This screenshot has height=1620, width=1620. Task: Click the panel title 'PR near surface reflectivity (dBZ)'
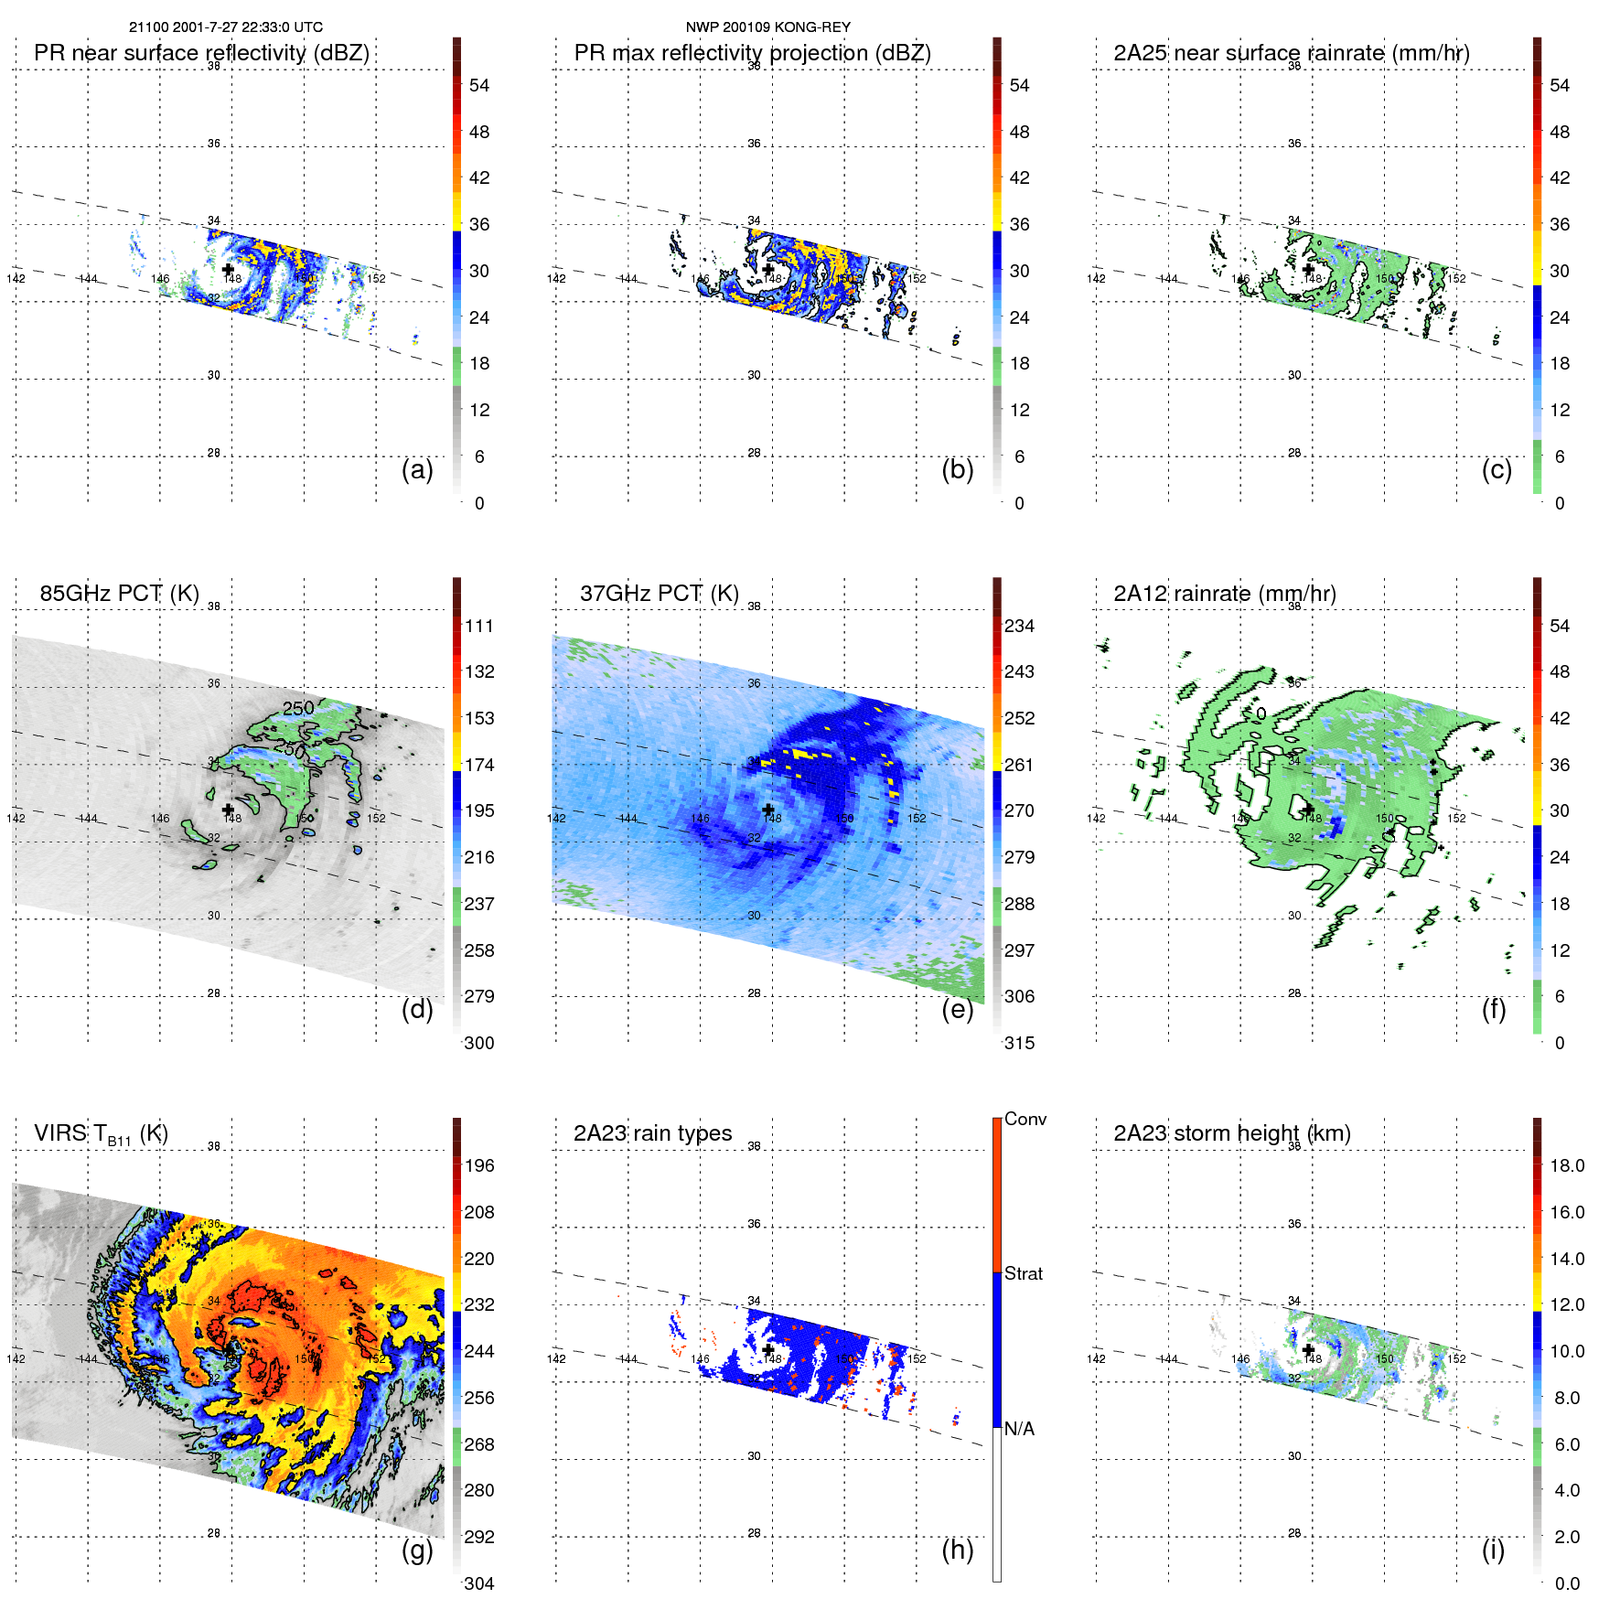click(201, 53)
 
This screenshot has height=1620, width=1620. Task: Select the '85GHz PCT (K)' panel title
click(119, 594)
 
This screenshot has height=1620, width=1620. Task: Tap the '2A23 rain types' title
click(652, 1133)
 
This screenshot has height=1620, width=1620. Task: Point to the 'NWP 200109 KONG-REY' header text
click(767, 27)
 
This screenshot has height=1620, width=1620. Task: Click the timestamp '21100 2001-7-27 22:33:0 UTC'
click(225, 27)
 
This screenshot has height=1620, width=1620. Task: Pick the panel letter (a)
click(417, 470)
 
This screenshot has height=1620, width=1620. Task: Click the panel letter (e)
click(957, 1010)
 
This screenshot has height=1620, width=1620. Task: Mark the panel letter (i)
click(1493, 1550)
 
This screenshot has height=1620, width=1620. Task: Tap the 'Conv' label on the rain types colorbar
click(1025, 1119)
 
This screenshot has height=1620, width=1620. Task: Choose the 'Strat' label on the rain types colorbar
click(1023, 1273)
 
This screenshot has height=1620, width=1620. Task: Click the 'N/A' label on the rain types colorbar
click(1019, 1429)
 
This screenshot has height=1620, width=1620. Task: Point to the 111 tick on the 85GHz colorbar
click(479, 626)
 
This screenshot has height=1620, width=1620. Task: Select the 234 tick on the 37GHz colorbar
click(1019, 626)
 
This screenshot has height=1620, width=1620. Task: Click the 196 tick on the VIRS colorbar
click(479, 1165)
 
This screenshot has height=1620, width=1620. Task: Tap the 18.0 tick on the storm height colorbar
click(1566, 1165)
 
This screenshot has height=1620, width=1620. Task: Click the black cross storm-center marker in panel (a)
click(228, 269)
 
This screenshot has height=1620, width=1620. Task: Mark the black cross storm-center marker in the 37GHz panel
click(767, 810)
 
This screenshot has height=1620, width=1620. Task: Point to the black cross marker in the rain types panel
click(767, 1349)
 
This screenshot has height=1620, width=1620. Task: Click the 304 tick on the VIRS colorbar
click(479, 1583)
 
